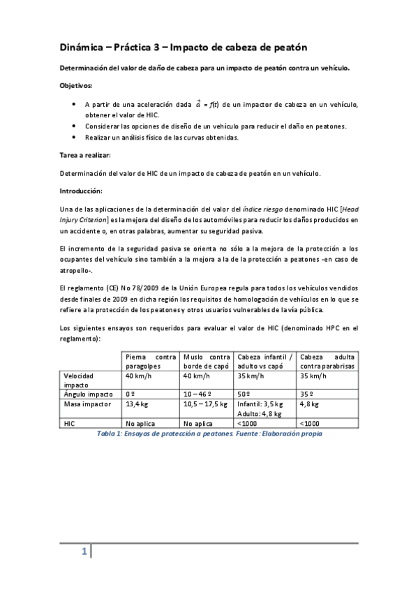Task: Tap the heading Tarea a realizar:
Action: [84, 156]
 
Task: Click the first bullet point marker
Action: [75, 104]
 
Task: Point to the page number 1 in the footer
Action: [83, 552]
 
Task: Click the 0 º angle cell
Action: [130, 394]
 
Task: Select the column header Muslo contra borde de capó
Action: [207, 361]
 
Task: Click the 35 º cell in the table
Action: [306, 394]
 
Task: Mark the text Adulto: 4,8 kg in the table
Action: [260, 413]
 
